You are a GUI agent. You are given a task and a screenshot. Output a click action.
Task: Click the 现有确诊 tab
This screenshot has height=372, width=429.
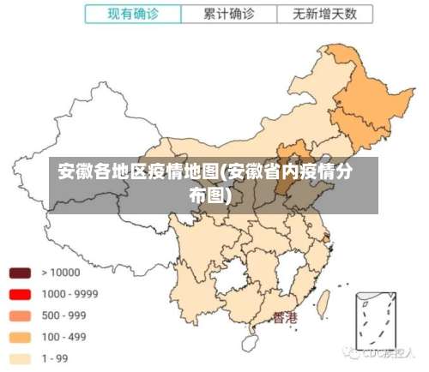(x=134, y=14)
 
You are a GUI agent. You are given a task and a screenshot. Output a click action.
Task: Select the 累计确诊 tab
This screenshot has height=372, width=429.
(x=229, y=14)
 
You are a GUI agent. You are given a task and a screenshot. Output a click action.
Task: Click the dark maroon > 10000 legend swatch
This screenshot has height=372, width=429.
(x=20, y=273)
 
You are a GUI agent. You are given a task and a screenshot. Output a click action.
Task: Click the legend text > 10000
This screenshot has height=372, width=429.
(x=60, y=273)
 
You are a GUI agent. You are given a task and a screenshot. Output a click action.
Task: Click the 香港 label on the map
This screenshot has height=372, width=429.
(x=285, y=318)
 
